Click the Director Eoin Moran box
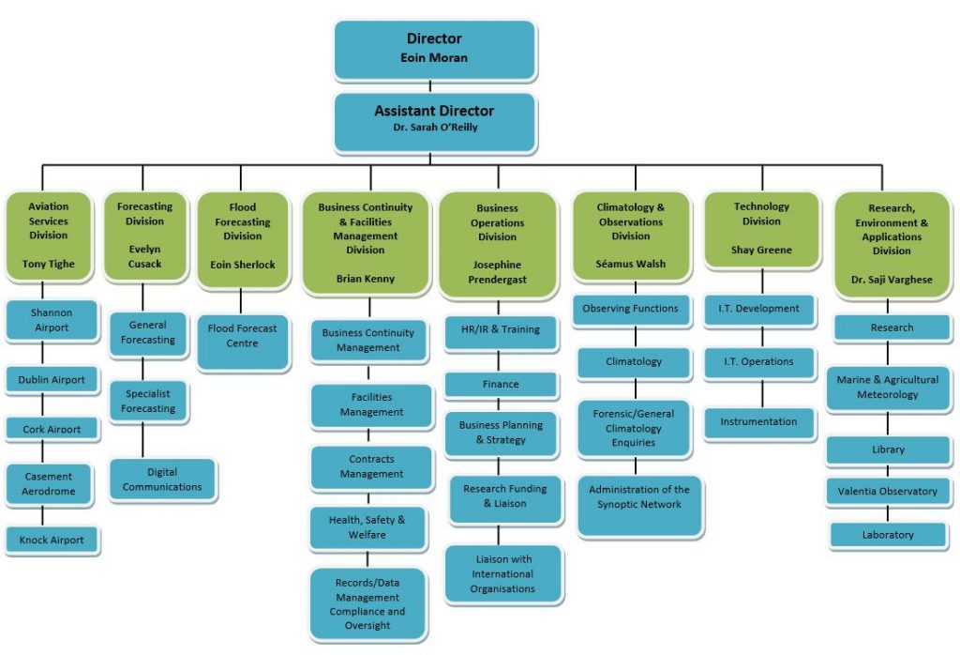point(436,48)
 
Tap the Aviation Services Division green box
point(49,236)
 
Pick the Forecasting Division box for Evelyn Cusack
point(145,236)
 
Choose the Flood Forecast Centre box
point(242,336)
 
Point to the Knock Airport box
point(52,541)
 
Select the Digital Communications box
point(162,480)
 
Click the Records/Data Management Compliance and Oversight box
point(369,603)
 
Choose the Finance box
point(501,384)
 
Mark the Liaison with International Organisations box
point(503,573)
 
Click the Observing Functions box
point(630,309)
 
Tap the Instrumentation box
point(758,422)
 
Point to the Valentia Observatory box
point(887,491)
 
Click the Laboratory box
point(887,535)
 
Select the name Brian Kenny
point(365,279)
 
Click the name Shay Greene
point(761,251)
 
